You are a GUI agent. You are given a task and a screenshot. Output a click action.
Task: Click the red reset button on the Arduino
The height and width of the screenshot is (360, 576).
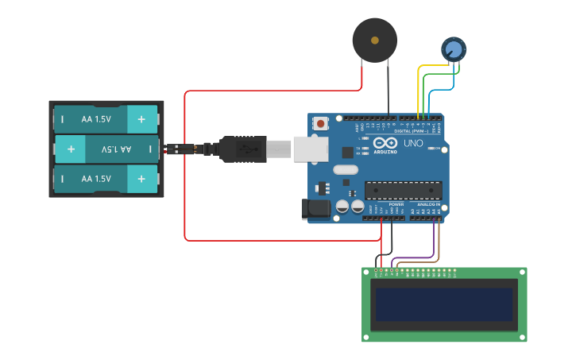click(320, 123)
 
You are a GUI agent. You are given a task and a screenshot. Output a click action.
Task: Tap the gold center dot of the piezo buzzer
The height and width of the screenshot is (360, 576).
click(374, 39)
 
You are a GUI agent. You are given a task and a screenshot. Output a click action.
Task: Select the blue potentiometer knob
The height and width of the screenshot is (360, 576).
click(454, 49)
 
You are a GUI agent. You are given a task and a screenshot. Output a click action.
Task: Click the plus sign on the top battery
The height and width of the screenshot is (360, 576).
click(141, 119)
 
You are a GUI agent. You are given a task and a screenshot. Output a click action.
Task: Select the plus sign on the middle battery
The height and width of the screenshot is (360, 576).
click(71, 149)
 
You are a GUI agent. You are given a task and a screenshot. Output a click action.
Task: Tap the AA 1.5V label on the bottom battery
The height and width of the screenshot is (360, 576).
click(96, 179)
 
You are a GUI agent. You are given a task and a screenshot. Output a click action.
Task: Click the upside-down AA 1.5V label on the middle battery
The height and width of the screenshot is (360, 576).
click(115, 149)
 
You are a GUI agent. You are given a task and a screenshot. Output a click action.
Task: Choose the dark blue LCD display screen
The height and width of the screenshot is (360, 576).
click(444, 304)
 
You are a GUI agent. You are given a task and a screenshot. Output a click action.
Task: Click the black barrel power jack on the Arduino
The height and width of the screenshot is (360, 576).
click(315, 209)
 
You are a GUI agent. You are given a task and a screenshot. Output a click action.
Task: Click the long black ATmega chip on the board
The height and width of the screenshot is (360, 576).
click(403, 190)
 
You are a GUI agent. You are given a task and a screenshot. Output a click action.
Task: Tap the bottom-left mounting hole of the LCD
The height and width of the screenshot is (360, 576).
click(368, 336)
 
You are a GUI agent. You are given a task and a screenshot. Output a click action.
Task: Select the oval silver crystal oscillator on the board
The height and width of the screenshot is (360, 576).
click(346, 169)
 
